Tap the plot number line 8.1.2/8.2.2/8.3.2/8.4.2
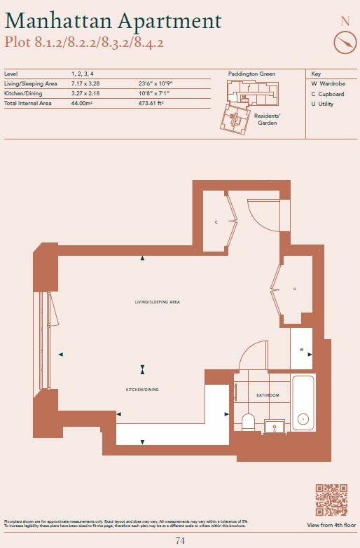coord(84,43)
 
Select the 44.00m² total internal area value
coord(82,104)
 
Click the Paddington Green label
coord(251,74)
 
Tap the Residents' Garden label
coord(267,118)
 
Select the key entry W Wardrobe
coord(327,83)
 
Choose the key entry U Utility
coord(323,104)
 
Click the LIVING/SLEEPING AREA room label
coord(158,302)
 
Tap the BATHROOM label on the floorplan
coord(267,395)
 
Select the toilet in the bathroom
coord(247,420)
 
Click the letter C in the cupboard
coord(216,222)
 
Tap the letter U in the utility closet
coord(294,288)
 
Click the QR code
coord(331,500)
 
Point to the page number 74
coord(180,540)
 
